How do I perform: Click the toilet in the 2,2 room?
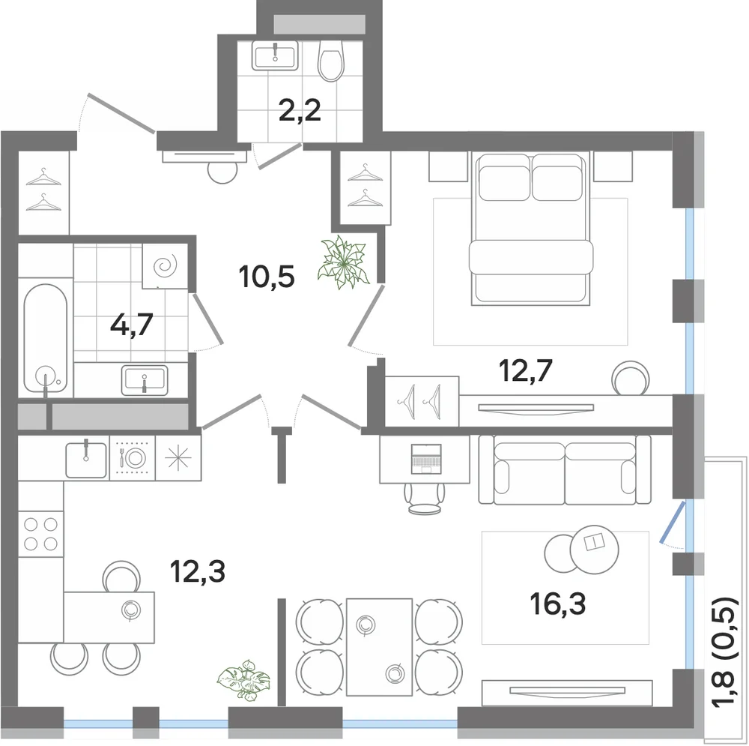[x=331, y=60]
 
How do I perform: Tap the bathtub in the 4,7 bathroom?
[x=46, y=339]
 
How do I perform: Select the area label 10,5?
[x=267, y=277]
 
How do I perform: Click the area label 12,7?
[x=526, y=370]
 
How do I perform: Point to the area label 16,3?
[x=557, y=604]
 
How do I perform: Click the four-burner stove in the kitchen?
[x=40, y=534]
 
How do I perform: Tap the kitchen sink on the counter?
[x=86, y=459]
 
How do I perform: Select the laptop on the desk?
[x=426, y=459]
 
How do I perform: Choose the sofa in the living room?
[x=565, y=469]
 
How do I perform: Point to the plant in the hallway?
[x=343, y=262]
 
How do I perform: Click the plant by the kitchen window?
[x=243, y=679]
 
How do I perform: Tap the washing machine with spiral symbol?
[x=165, y=266]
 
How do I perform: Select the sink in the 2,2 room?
[x=275, y=55]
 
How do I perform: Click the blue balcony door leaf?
[x=673, y=522]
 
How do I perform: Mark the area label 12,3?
[x=197, y=571]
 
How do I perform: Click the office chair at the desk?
[x=425, y=499]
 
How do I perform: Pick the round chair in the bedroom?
[x=631, y=378]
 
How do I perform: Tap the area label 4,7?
[x=131, y=325]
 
